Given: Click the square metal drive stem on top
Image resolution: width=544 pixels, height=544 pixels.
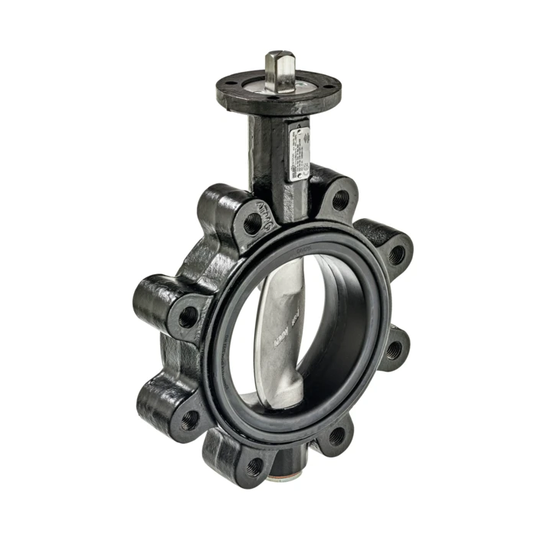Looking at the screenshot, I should (279, 70).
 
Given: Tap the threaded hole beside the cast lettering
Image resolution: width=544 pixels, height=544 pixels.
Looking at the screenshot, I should (252, 224).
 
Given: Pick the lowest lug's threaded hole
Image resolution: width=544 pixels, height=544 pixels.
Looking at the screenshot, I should (254, 464).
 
